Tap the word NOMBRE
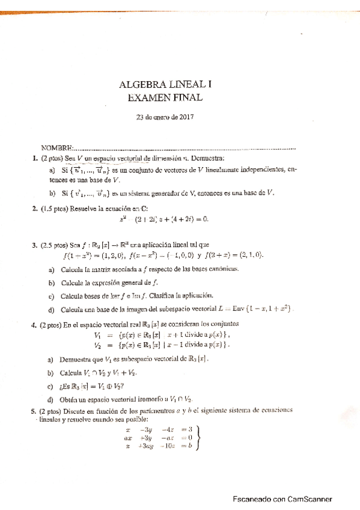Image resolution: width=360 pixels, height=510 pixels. click(56, 148)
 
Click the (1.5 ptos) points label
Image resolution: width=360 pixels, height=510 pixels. click(54, 209)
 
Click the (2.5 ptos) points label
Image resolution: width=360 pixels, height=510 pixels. click(54, 245)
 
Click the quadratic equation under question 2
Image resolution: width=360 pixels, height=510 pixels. click(163, 220)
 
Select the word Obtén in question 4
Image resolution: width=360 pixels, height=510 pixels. click(72, 399)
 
